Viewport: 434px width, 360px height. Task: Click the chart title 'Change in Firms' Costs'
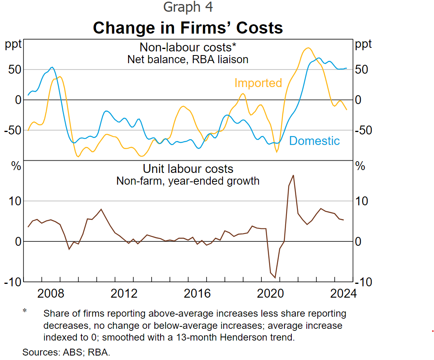point(188,28)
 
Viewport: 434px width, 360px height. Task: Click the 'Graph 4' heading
point(188,7)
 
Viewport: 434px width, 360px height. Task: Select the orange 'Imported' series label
point(258,83)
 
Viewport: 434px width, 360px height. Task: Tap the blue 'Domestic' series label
point(314,141)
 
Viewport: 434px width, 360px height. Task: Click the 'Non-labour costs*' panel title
point(188,47)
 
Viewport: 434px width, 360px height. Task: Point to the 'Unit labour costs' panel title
point(188,168)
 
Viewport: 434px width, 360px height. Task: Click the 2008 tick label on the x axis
point(51,293)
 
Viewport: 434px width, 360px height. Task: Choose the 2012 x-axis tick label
point(124,293)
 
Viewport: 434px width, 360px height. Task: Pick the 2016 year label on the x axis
point(197,293)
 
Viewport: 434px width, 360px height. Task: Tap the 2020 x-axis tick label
point(270,293)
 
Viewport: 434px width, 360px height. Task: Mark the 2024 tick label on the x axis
point(343,293)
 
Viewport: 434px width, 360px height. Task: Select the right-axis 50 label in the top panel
point(361,70)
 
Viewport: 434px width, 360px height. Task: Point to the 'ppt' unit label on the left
point(13,44)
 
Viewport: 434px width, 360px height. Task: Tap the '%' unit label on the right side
point(360,166)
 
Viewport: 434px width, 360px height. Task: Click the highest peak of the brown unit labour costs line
point(293,175)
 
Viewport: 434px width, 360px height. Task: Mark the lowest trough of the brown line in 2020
point(275,278)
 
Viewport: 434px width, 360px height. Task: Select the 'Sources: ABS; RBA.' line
point(66,352)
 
